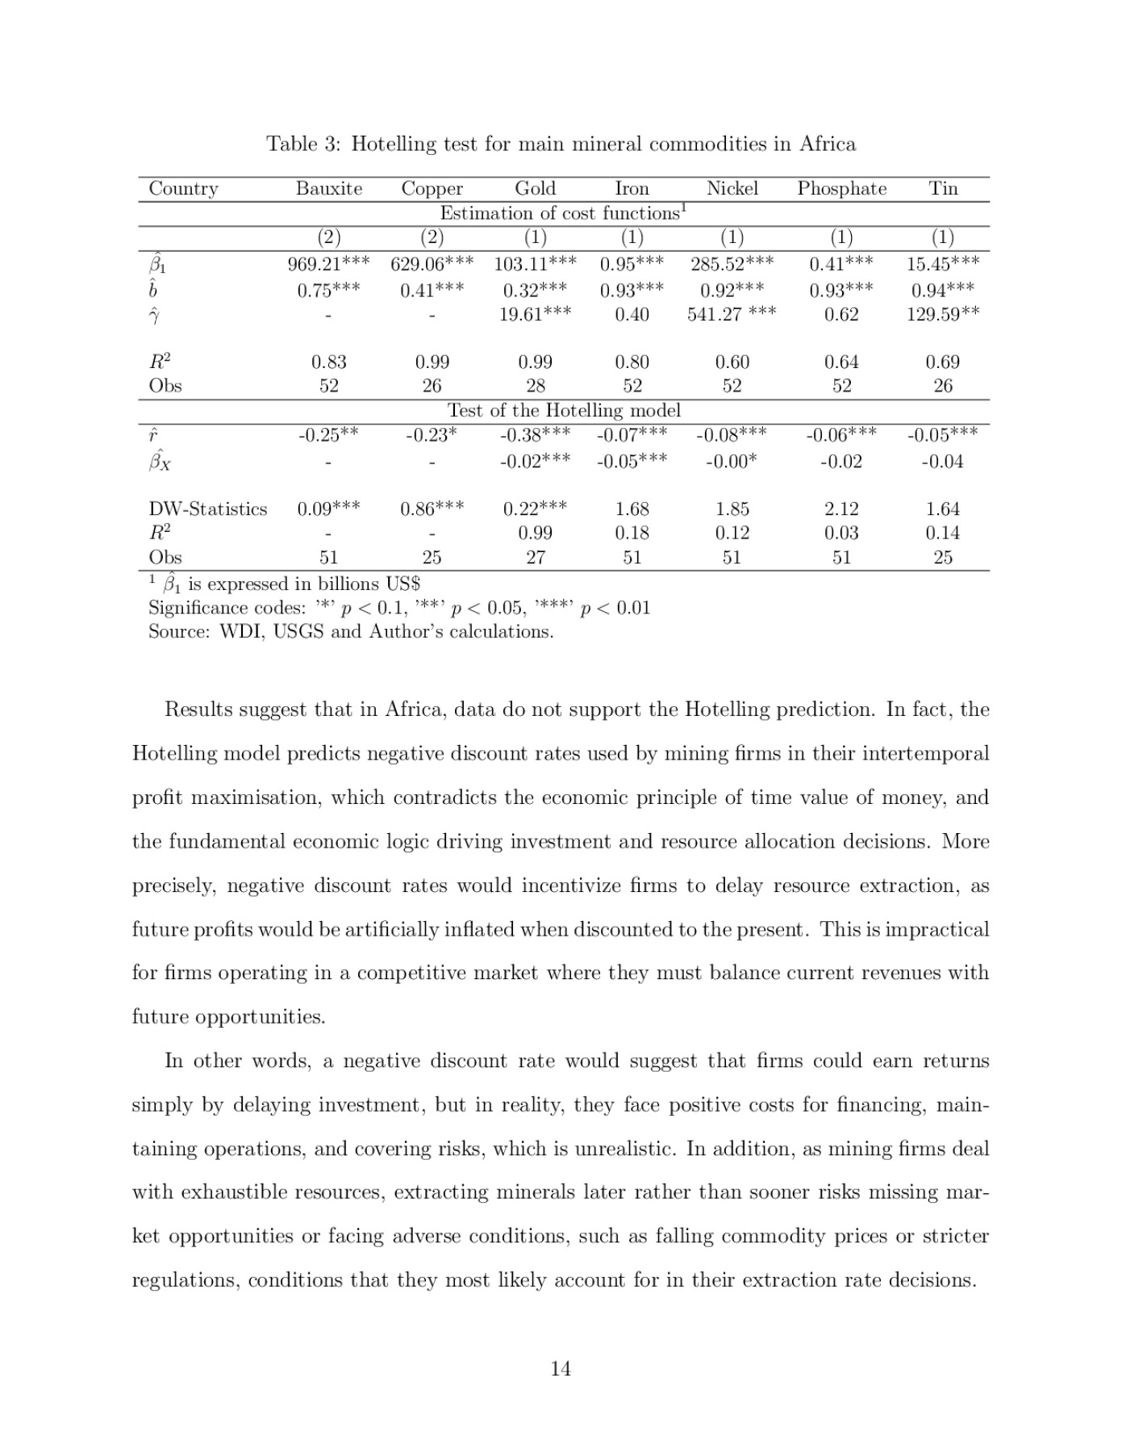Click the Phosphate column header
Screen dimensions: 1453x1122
[841, 189]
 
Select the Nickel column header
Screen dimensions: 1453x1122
[732, 189]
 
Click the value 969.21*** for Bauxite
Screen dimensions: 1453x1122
[328, 263]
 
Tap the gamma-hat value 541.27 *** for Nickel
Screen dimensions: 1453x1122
[732, 314]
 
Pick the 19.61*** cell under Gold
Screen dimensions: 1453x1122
[535, 314]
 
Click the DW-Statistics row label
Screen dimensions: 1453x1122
[207, 509]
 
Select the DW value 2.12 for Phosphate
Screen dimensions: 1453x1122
[841, 509]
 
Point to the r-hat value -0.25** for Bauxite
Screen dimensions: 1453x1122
[328, 435]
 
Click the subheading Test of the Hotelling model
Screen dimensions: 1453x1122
[564, 411]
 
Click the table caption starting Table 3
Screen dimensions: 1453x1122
[561, 144]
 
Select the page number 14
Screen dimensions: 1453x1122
[561, 1368]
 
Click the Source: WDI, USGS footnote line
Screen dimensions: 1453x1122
[351, 632]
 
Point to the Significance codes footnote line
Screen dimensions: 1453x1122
[399, 608]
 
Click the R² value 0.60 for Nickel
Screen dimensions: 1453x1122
[732, 362]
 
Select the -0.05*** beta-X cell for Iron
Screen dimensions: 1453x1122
[632, 462]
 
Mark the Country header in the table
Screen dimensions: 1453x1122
[184, 189]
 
